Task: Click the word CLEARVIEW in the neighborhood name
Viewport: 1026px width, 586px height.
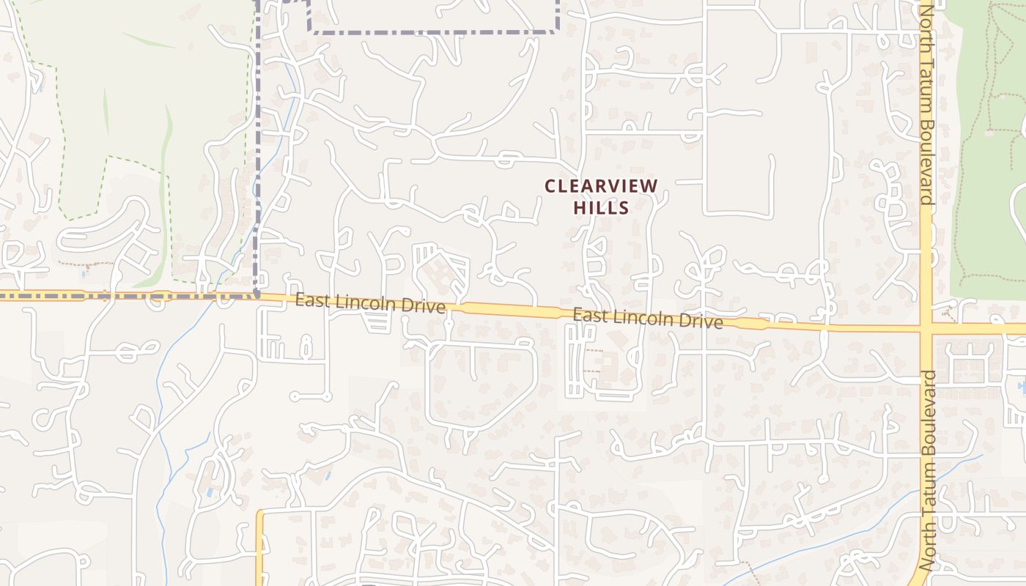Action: pyautogui.click(x=602, y=186)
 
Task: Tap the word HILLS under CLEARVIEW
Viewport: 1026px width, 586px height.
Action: pyautogui.click(x=601, y=207)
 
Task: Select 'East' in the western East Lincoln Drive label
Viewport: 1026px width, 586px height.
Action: pyautogui.click(x=309, y=300)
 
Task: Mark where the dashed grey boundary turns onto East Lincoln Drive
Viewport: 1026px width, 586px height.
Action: pyautogui.click(x=256, y=295)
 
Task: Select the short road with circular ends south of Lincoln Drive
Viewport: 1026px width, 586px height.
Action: pyautogui.click(x=311, y=396)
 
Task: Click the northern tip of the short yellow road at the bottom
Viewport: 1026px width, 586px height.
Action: pyautogui.click(x=259, y=513)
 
